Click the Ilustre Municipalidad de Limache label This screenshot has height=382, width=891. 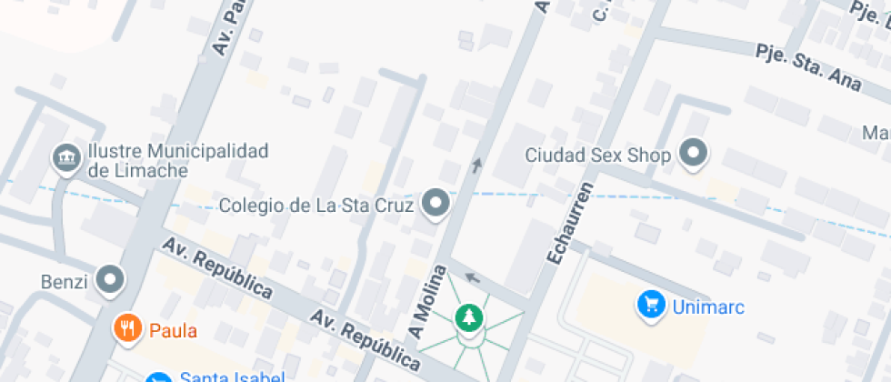[x=177, y=160]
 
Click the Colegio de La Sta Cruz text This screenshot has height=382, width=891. [x=316, y=205]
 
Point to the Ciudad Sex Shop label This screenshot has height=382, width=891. [x=597, y=156]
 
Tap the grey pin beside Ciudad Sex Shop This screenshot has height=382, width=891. [x=695, y=154]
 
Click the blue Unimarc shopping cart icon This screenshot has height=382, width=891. [x=651, y=305]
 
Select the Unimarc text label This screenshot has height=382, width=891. [x=708, y=307]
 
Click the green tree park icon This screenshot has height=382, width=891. [x=469, y=318]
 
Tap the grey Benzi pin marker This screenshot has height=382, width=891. [x=111, y=280]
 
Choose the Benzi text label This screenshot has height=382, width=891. [x=64, y=282]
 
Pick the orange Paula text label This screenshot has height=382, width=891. [x=174, y=330]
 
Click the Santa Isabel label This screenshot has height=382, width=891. [x=233, y=377]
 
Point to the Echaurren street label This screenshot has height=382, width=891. [x=569, y=223]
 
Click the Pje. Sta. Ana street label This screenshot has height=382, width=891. [x=808, y=65]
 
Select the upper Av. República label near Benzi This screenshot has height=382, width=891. [x=217, y=268]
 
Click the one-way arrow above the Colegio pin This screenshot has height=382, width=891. [x=476, y=165]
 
